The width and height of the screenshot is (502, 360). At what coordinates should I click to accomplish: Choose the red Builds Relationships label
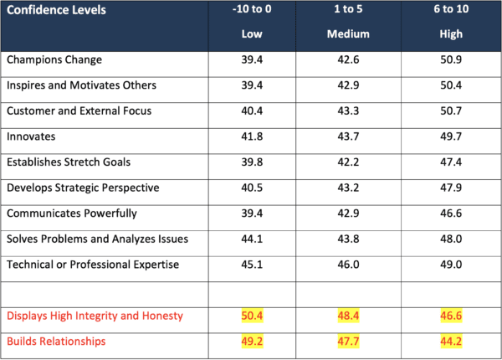(x=57, y=342)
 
